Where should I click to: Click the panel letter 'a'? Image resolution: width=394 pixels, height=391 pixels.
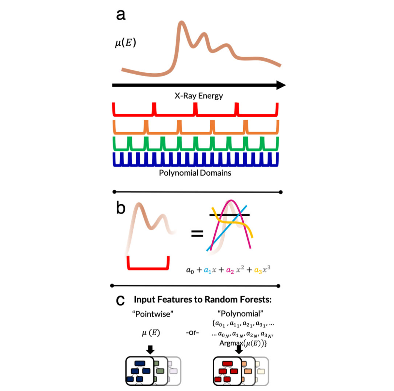click(121, 15)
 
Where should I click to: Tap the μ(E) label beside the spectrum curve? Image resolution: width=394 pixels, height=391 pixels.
click(125, 43)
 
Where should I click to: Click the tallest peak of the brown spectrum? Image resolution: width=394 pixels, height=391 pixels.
click(180, 24)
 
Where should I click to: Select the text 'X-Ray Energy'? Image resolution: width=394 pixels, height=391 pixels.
click(199, 96)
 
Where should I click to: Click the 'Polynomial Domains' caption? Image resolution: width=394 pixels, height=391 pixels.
click(195, 173)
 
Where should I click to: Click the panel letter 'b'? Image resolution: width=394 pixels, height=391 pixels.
click(121, 208)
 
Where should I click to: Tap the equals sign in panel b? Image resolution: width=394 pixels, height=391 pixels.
click(197, 233)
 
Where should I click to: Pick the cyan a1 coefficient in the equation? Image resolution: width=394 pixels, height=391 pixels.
click(207, 270)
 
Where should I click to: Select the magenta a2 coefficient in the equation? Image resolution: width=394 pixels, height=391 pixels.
click(230, 270)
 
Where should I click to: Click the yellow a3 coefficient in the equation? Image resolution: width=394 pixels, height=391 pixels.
click(258, 270)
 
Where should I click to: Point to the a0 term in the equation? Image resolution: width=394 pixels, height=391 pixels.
click(190, 270)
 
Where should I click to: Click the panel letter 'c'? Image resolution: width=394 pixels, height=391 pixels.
click(120, 300)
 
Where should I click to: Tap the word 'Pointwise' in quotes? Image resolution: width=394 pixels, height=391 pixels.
click(153, 314)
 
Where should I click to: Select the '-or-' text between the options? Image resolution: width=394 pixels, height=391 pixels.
click(192, 333)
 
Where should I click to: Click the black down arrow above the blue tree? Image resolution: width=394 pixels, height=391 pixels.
click(150, 350)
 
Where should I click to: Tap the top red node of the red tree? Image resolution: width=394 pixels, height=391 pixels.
click(227, 363)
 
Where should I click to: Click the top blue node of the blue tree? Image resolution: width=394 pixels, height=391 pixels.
click(140, 363)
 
